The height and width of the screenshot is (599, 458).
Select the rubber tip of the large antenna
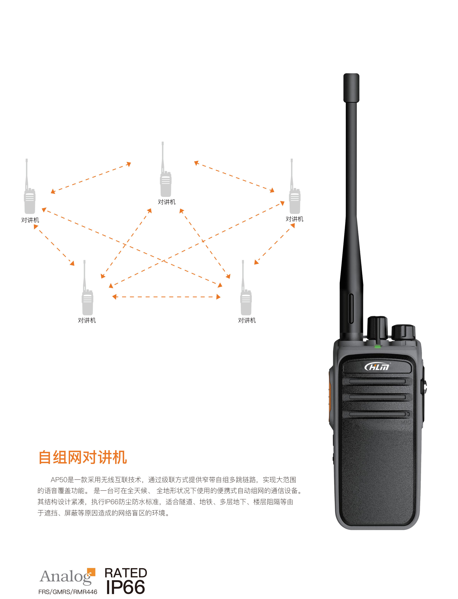click(351, 87)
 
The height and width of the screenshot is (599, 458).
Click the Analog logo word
click(65, 577)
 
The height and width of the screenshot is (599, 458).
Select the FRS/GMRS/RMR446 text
click(68, 592)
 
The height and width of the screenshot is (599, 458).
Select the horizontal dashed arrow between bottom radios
click(166, 297)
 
